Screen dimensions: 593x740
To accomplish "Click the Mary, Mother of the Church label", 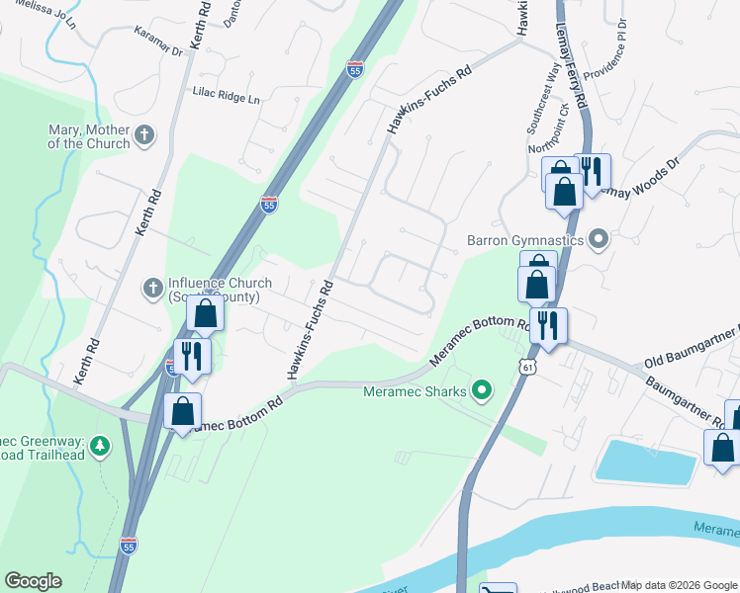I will click(89, 136).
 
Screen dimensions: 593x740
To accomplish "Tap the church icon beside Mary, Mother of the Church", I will click(144, 135).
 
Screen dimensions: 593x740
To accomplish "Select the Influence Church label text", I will click(213, 290).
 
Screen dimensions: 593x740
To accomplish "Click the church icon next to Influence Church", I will click(152, 288).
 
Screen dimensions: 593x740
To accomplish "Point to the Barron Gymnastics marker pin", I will click(598, 239).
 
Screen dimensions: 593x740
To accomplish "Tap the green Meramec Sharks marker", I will click(482, 391).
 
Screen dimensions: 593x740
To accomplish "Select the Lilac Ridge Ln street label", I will click(226, 99).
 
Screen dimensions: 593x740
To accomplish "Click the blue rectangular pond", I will click(644, 461).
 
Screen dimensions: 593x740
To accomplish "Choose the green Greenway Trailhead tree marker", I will click(99, 447).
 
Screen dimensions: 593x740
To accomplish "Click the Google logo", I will click(33, 580).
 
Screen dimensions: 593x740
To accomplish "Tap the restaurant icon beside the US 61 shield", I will click(548, 325).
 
